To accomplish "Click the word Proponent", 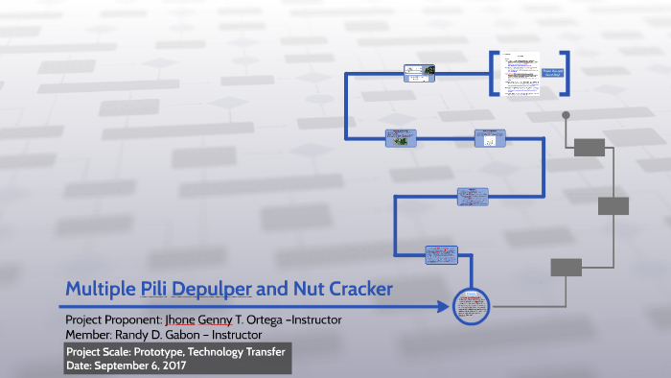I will tap(137, 319).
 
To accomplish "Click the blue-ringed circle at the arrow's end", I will tap(470, 307).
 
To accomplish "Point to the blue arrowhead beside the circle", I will tap(443, 307).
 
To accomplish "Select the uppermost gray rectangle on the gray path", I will tap(590, 147).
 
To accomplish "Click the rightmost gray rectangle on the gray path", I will tap(613, 205).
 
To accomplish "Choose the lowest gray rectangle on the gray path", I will tap(567, 267).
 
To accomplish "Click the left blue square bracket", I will tap(493, 73).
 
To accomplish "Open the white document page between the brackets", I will tap(518, 73).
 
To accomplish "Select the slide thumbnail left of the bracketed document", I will tap(419, 70).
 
